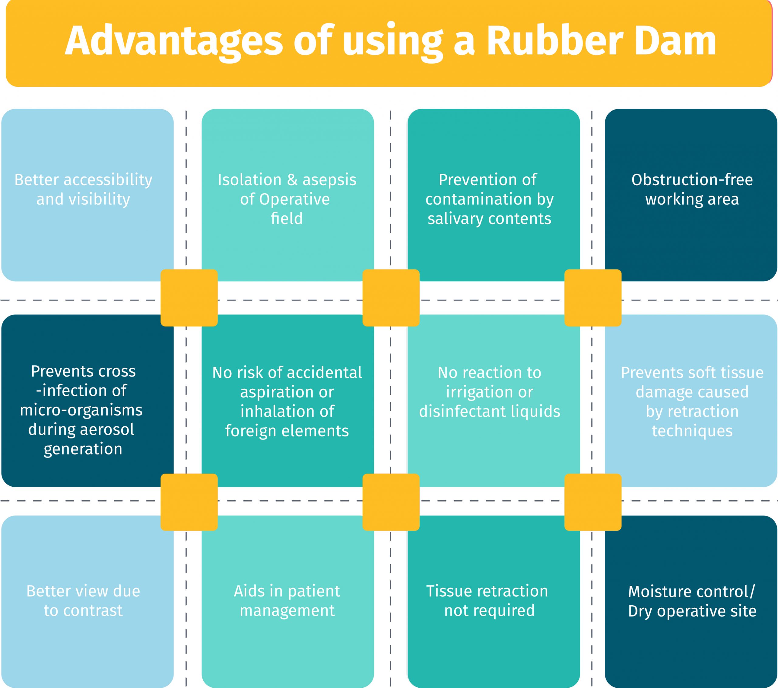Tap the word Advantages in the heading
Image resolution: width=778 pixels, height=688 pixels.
tap(173, 41)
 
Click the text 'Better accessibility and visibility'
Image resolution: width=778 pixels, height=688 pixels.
tap(83, 189)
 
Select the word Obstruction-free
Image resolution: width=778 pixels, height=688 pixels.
tap(692, 180)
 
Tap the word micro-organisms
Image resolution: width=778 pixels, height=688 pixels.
tap(81, 410)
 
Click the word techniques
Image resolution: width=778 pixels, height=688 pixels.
tap(692, 431)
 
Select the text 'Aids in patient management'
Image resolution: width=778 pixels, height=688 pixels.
tap(287, 601)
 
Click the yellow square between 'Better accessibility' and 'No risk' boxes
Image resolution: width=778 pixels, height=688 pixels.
tap(189, 298)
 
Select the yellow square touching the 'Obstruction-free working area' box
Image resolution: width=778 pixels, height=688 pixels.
tap(593, 298)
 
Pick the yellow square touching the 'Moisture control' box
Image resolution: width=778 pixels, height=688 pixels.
tap(593, 502)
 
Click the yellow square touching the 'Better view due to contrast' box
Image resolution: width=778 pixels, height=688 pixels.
tap(189, 502)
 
